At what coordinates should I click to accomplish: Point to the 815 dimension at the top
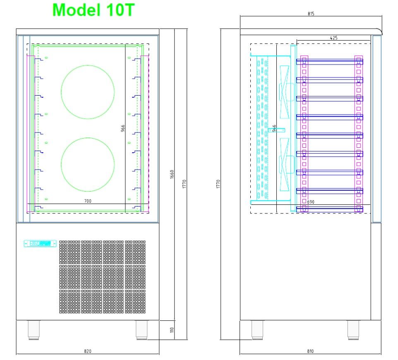point(311,14)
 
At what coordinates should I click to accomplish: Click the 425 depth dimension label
point(333,38)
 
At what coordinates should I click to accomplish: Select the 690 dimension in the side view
point(311,202)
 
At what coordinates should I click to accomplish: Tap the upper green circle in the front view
point(88,91)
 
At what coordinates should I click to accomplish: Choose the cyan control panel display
point(40,243)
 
